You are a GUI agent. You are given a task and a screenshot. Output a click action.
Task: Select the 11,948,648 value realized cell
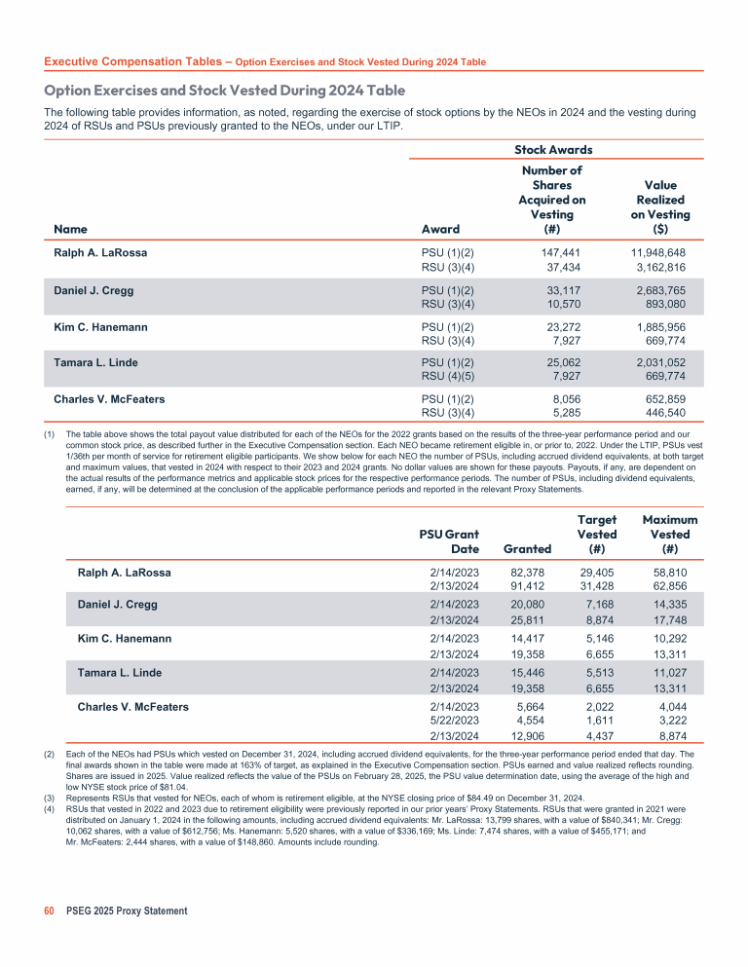(x=658, y=252)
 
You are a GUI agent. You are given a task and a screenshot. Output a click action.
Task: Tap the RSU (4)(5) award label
(x=447, y=378)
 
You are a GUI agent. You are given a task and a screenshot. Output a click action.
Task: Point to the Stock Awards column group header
(x=552, y=149)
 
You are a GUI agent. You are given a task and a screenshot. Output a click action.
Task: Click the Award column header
(x=439, y=229)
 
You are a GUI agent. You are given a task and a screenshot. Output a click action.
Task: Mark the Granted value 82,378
(x=531, y=573)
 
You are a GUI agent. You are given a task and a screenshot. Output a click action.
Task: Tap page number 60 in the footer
(x=50, y=911)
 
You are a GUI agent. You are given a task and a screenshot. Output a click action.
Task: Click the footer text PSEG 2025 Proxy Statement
(x=127, y=911)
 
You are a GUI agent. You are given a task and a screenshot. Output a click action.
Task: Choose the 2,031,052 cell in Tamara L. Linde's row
(x=661, y=363)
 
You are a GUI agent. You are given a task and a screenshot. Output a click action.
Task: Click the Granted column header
(x=527, y=549)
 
